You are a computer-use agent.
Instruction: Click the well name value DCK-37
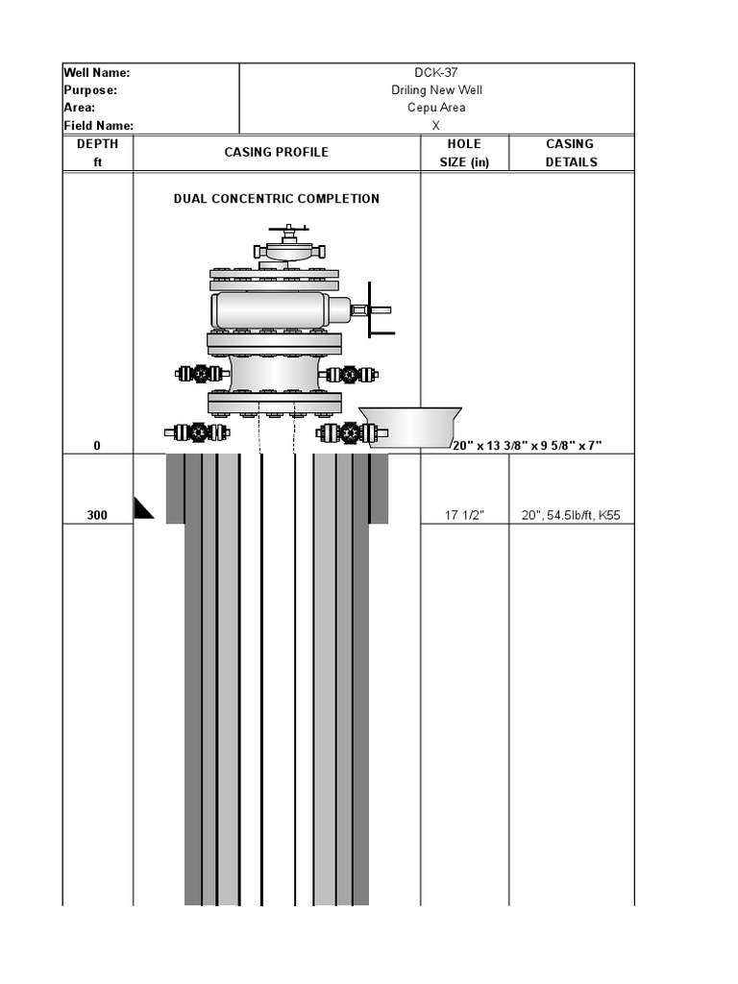[x=436, y=72]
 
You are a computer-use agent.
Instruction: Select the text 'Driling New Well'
[x=436, y=90]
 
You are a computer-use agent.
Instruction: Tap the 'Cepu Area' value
[x=436, y=108]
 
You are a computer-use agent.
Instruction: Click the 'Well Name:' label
[x=97, y=72]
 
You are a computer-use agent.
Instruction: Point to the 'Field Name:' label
[x=99, y=126]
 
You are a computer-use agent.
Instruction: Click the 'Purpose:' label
[x=90, y=90]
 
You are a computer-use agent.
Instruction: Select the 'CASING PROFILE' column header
[x=277, y=152]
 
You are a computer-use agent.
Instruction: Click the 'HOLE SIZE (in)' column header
[x=464, y=153]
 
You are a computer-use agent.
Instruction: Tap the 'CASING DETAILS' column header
[x=571, y=153]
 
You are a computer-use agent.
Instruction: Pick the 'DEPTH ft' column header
[x=97, y=153]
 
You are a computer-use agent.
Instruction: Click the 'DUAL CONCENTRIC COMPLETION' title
[x=277, y=199]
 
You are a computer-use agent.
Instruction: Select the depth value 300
[x=97, y=515]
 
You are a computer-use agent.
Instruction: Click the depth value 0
[x=97, y=446]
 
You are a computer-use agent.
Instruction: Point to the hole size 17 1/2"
[x=464, y=515]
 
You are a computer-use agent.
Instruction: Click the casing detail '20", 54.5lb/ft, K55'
[x=571, y=515]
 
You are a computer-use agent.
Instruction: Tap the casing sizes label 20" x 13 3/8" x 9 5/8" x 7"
[x=527, y=446]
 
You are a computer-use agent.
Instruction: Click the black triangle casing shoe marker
[x=143, y=508]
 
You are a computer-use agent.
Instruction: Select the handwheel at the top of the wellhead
[x=289, y=231]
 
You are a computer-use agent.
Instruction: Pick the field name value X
[x=436, y=126]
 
